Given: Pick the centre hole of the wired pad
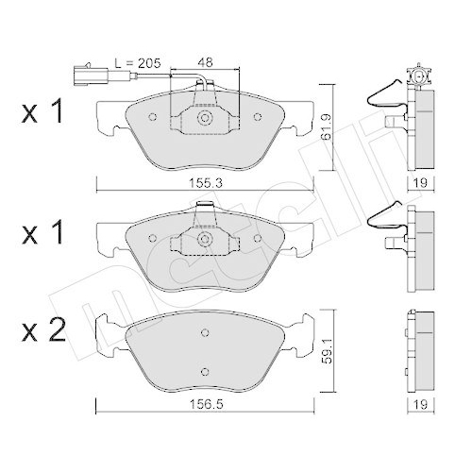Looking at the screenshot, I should [x=205, y=120].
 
